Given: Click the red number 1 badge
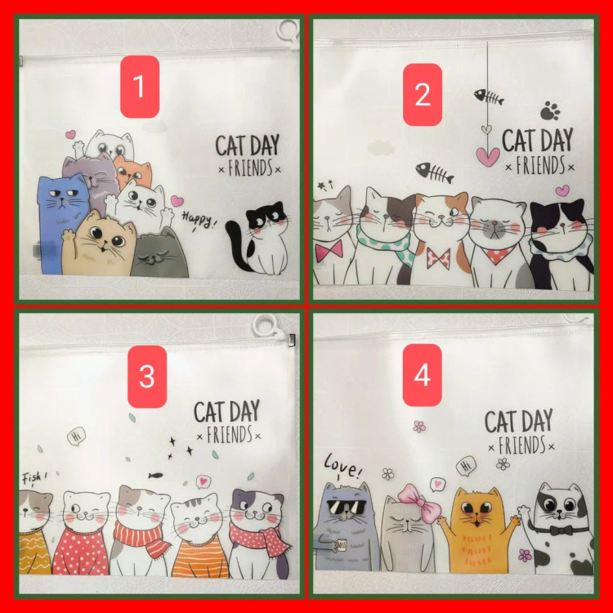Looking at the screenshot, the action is [140, 87].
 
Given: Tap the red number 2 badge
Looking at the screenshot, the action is [423, 95].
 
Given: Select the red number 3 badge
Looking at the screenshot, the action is [147, 377].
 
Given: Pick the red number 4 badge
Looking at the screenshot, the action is [423, 375].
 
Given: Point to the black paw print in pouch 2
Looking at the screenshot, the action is [550, 110].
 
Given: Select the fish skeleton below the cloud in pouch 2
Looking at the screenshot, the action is [435, 172].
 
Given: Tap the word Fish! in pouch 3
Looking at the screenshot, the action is [34, 478].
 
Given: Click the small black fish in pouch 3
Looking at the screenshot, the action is [155, 476].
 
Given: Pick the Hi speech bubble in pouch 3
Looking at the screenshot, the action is [77, 436].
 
